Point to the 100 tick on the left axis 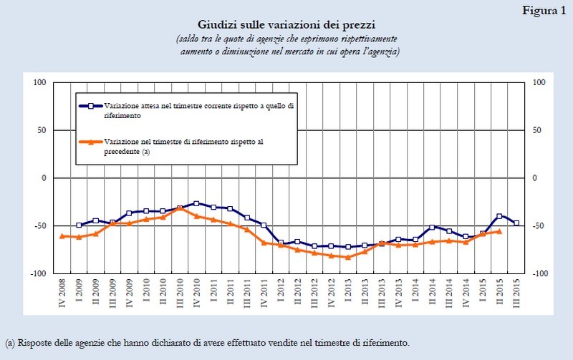[x=40, y=82]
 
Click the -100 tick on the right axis [x=538, y=273]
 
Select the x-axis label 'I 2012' [x=281, y=293]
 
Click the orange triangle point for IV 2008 [x=62, y=235]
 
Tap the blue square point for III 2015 [x=516, y=223]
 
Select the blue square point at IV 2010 [x=196, y=203]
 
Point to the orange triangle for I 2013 [x=348, y=257]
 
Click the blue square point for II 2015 [x=499, y=216]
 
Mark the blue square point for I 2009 [x=79, y=225]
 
